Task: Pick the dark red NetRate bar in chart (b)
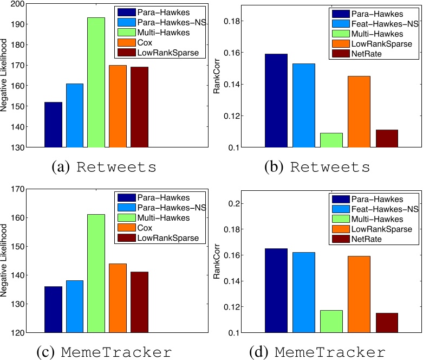[387, 138]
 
